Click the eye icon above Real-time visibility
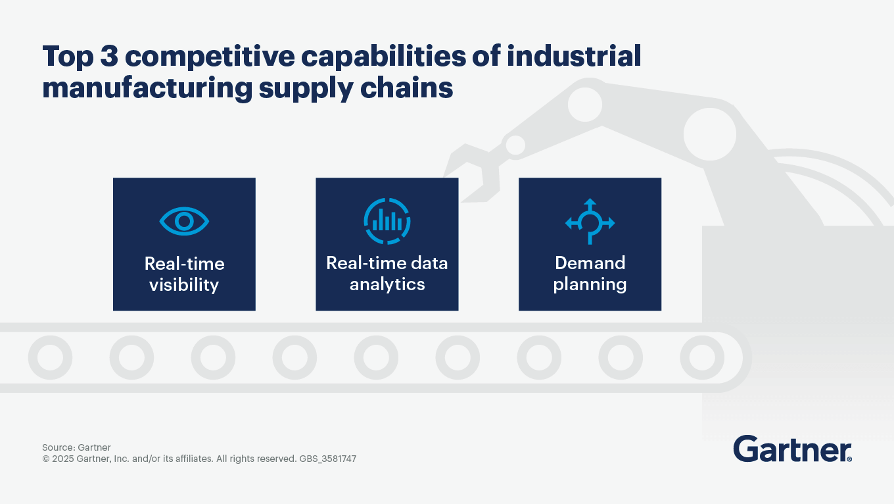pyautogui.click(x=184, y=222)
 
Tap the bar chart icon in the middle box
pyautogui.click(x=387, y=221)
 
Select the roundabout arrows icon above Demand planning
pyautogui.click(x=590, y=222)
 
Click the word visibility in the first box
pyautogui.click(x=183, y=285)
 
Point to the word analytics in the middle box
pyautogui.click(x=387, y=285)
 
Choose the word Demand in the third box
pyautogui.click(x=590, y=263)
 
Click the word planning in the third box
pyautogui.click(x=590, y=285)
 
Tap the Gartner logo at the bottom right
pyautogui.click(x=792, y=449)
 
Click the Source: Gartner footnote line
pyautogui.click(x=76, y=447)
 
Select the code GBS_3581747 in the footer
pyautogui.click(x=327, y=459)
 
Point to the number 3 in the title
pyautogui.click(x=108, y=57)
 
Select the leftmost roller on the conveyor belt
pyautogui.click(x=50, y=357)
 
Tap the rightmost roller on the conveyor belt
pyautogui.click(x=702, y=357)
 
